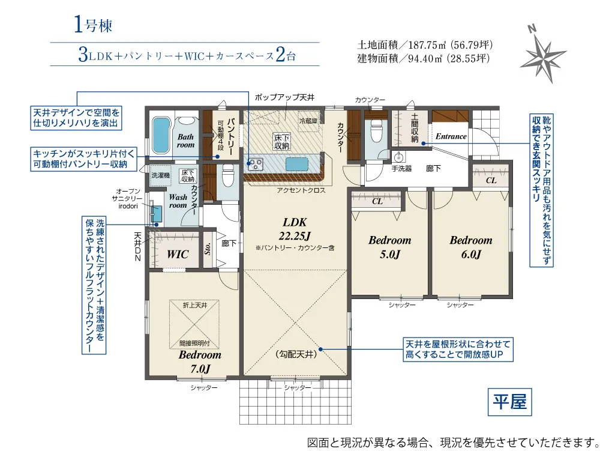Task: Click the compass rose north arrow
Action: coord(542,53)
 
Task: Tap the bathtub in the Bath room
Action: coord(161,135)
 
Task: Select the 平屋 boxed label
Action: coord(509,402)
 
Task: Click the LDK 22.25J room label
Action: coord(295,229)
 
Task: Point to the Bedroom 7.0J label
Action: coord(200,362)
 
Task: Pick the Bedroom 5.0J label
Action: coord(389,247)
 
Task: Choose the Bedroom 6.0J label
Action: coord(470,247)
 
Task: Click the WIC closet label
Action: coord(178,254)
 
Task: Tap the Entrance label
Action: coord(451,136)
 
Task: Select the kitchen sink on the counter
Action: coord(297,165)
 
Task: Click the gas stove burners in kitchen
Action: coord(255,165)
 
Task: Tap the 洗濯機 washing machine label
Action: coord(160,175)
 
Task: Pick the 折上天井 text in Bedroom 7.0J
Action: coord(195,305)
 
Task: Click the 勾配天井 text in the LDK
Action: coord(296,354)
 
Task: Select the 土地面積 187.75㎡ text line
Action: coord(425,45)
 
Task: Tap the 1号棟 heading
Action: coord(92,25)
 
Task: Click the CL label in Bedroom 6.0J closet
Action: coord(491,180)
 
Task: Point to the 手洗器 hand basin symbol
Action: coord(398,157)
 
